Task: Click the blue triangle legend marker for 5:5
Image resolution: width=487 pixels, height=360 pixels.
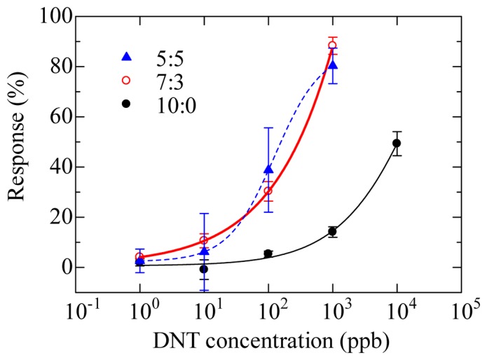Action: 127,56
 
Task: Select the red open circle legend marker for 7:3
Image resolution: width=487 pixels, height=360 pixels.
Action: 127,80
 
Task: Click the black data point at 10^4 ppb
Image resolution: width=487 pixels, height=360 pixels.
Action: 397,143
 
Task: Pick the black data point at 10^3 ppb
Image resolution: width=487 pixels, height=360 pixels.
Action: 332,231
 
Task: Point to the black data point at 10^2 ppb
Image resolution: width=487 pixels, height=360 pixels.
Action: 268,254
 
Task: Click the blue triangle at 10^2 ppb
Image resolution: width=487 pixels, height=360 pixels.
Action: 268,169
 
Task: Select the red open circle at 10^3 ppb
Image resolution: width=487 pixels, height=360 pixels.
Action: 332,46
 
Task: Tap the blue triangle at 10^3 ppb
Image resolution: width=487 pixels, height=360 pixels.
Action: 333,64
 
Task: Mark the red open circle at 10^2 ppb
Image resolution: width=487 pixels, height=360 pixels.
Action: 268,191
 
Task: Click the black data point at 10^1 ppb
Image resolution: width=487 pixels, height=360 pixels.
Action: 204,269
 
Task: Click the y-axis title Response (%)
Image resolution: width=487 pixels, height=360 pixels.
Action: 20,153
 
